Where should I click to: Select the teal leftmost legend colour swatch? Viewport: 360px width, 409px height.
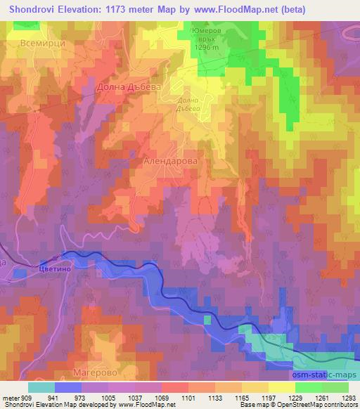41,387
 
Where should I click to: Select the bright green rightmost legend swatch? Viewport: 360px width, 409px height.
335,387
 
